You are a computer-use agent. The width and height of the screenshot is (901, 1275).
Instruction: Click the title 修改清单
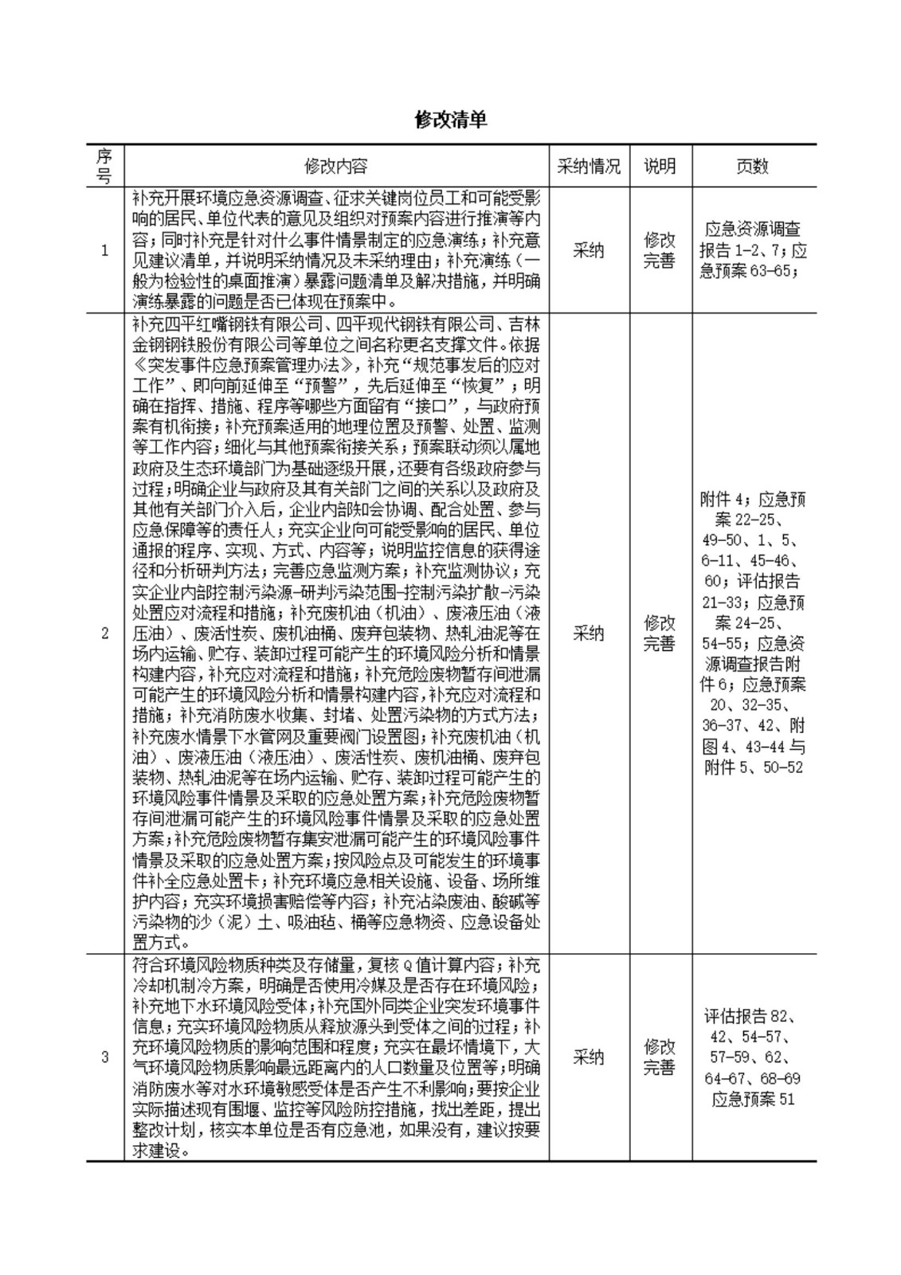point(450,120)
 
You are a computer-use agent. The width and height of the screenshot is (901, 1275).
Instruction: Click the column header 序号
point(104,166)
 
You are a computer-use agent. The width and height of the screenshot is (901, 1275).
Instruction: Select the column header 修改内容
point(336,166)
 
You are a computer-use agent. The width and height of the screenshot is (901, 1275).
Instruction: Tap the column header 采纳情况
point(589,166)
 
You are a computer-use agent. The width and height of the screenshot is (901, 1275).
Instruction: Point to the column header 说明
point(660,166)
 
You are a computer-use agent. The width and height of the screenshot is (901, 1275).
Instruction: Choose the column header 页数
point(753,166)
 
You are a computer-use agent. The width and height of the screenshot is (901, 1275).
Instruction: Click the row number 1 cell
point(104,250)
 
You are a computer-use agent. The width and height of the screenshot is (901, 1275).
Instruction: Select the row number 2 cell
point(104,634)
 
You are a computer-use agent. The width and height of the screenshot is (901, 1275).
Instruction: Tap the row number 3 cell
point(104,1057)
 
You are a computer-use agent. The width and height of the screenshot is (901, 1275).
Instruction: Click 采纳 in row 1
point(589,250)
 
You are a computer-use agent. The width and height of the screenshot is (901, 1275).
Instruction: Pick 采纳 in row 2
point(589,634)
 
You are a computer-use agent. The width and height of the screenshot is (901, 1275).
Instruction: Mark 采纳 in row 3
point(589,1057)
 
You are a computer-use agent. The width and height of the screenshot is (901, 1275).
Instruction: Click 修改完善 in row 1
point(660,250)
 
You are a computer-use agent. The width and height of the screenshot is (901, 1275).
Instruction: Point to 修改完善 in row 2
point(660,634)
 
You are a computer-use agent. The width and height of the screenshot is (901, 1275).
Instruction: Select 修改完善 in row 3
point(660,1057)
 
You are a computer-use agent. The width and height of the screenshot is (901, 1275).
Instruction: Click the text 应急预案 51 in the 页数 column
point(753,1100)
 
